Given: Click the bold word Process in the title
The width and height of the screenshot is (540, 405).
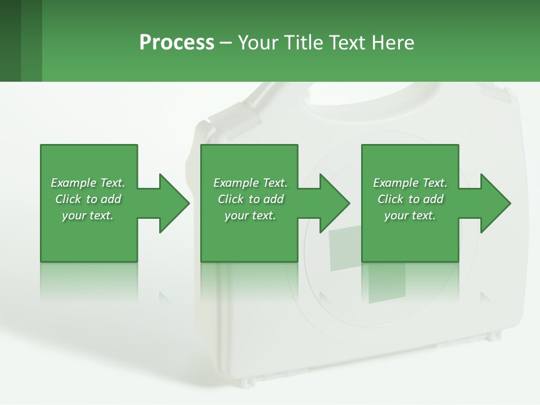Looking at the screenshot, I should (x=177, y=43).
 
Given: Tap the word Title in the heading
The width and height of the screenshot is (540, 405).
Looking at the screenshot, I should (x=301, y=43).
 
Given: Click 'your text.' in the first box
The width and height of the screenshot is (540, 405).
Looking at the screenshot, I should (x=88, y=215).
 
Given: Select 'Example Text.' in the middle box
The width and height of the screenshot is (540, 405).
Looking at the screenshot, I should (x=250, y=183).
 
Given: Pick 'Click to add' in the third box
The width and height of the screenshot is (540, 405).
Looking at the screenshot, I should (x=411, y=199).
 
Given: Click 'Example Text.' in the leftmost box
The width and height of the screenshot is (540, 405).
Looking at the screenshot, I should (x=88, y=183).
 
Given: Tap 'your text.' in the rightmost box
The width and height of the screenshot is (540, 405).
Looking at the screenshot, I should (x=410, y=215).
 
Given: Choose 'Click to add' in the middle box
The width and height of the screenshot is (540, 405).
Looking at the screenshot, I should (x=250, y=199).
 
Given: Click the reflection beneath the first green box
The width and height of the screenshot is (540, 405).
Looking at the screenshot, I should (x=88, y=281).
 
